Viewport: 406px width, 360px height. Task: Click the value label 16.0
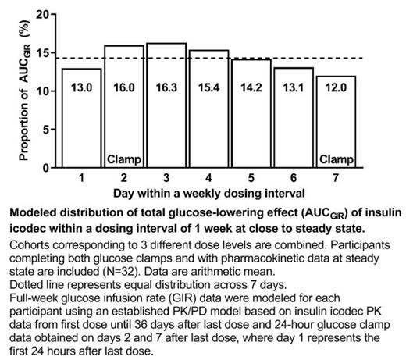124,88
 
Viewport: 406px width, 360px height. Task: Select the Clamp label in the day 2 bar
124,160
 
